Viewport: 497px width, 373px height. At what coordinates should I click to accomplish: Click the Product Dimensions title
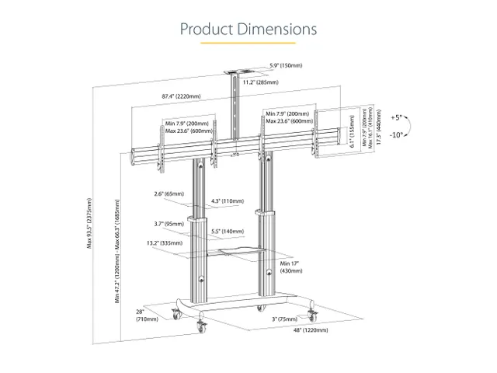(x=248, y=30)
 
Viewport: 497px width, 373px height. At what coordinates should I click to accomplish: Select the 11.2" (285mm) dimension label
(x=259, y=81)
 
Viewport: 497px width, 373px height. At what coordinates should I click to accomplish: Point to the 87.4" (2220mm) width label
(x=181, y=96)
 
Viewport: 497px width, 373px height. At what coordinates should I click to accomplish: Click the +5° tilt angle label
(x=397, y=117)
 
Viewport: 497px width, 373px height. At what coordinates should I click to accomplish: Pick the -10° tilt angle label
(x=397, y=135)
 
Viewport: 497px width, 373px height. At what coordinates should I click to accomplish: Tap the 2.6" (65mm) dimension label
(x=169, y=193)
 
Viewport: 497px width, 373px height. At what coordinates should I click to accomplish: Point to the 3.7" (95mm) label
(x=169, y=223)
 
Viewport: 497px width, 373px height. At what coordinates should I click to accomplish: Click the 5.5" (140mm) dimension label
(x=228, y=232)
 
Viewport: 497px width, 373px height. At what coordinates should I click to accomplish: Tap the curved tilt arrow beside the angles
(x=413, y=126)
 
